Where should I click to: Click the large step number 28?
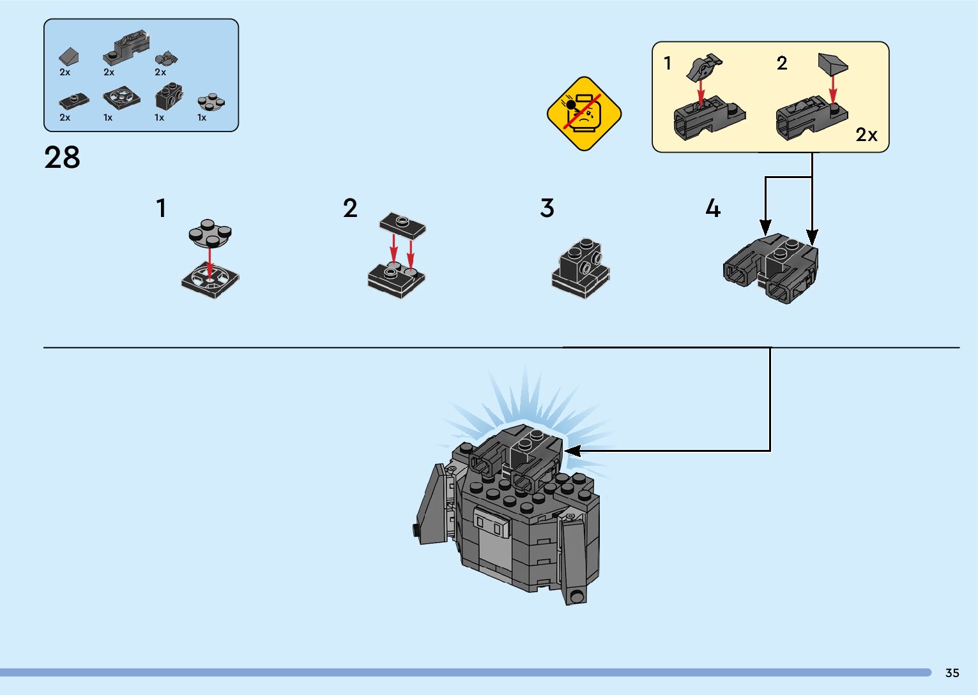(x=62, y=158)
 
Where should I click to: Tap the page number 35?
(x=952, y=673)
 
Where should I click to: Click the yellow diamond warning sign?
(x=584, y=114)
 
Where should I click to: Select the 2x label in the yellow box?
(x=866, y=135)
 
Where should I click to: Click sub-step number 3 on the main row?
(x=547, y=208)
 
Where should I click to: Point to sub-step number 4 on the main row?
(x=712, y=208)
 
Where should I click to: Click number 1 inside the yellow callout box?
(x=668, y=63)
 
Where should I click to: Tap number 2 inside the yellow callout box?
(x=782, y=63)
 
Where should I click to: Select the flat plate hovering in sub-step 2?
(x=402, y=225)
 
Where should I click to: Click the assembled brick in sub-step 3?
(x=581, y=269)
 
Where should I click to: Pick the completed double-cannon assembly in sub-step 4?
(x=772, y=269)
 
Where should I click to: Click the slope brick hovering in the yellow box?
(x=833, y=64)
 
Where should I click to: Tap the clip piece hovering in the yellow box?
(x=703, y=66)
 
